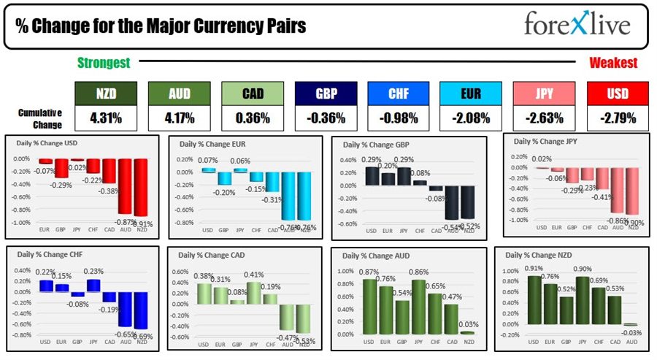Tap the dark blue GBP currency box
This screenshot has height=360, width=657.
[x=326, y=93]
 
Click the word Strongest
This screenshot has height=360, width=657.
[x=104, y=64]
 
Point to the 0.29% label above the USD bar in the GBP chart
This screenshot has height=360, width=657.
[x=371, y=160]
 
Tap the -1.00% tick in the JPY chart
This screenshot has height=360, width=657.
[x=519, y=220]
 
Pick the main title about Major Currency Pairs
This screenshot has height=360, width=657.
[x=161, y=28]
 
